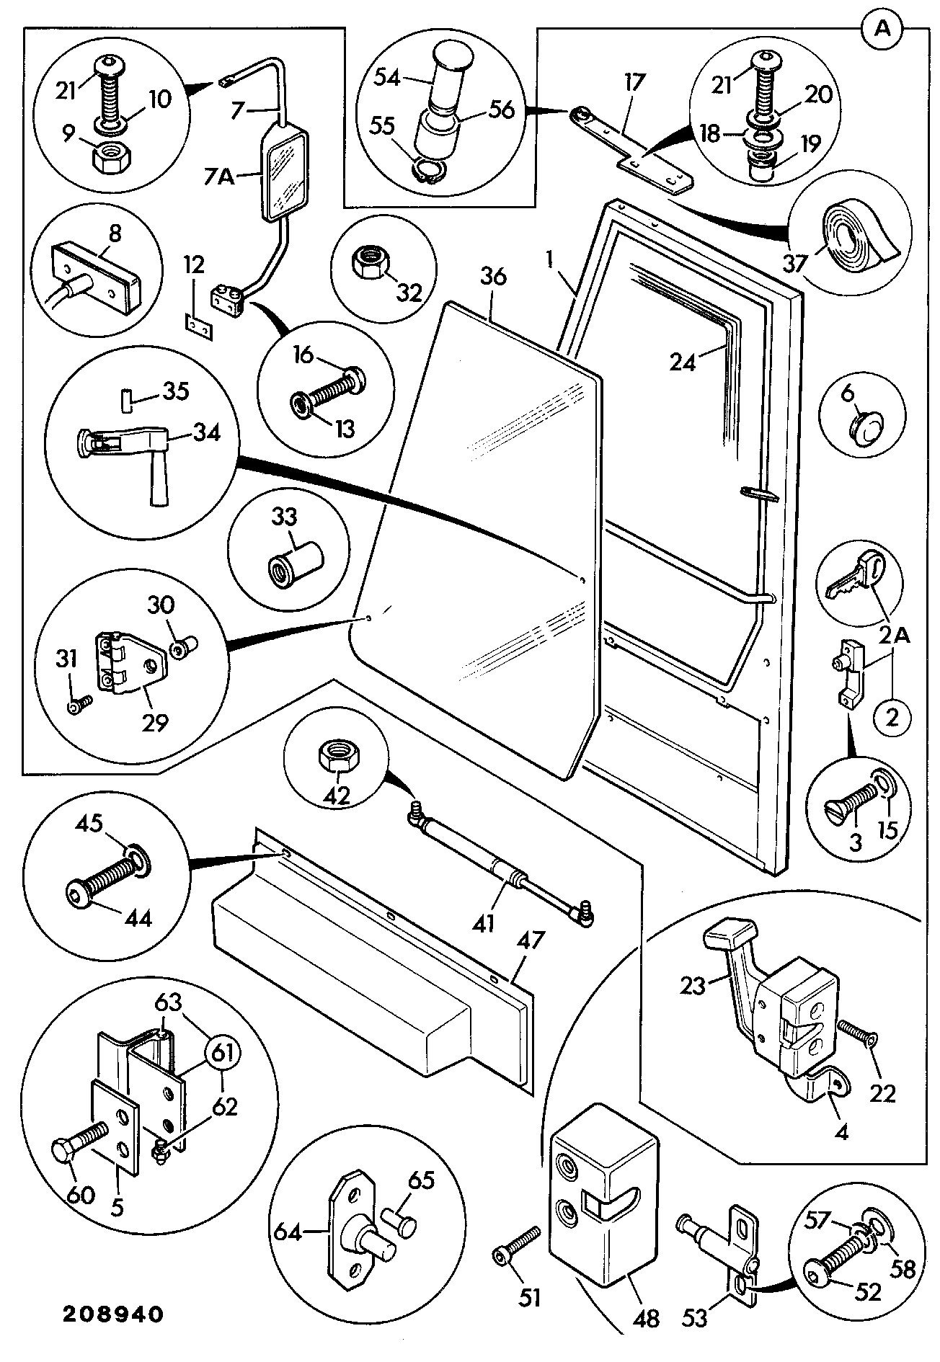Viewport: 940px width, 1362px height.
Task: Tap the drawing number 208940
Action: (112, 1314)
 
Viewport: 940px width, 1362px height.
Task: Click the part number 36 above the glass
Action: (493, 277)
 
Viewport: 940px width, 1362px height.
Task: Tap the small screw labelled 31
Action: (79, 705)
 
